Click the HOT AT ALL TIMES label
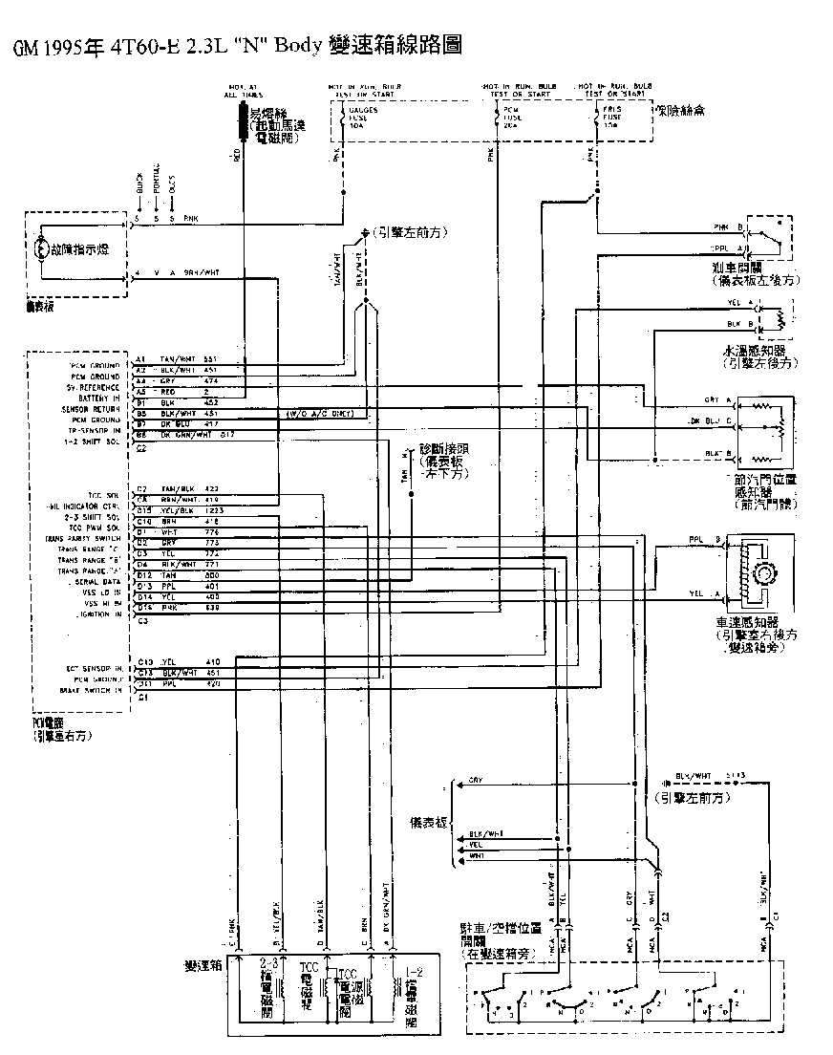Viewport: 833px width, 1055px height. click(243, 92)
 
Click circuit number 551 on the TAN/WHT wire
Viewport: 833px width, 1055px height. click(212, 358)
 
